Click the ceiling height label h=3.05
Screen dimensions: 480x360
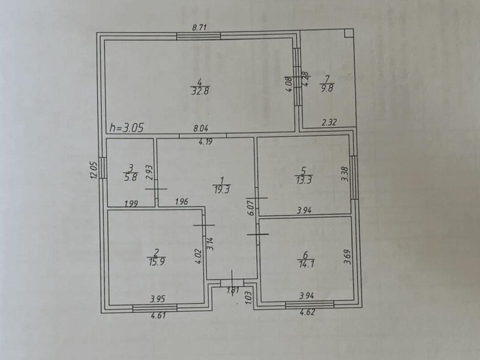coord(127,127)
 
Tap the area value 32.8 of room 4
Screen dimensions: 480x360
coord(200,91)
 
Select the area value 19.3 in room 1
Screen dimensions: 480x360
coord(222,190)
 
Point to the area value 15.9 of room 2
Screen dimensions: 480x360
coord(157,262)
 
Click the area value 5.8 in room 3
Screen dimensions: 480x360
coord(131,177)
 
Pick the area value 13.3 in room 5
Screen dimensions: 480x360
coord(304,179)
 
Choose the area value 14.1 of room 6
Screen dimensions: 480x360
coord(306,263)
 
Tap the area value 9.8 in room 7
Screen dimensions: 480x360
coord(327,88)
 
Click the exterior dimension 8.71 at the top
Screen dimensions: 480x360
coord(200,28)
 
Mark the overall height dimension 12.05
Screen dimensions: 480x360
coord(94,170)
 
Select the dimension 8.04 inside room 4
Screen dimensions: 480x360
coord(201,128)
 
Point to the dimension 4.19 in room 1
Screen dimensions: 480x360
coord(205,142)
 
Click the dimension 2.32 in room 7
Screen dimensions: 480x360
coord(329,122)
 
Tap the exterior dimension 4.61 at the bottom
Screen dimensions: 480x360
coord(158,315)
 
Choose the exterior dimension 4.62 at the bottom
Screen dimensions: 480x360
coord(307,312)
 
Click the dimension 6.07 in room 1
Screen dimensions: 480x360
coord(251,208)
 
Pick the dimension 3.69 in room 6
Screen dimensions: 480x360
coord(347,257)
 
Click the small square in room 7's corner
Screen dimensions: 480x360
coord(349,34)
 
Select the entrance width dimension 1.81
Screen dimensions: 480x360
coord(233,290)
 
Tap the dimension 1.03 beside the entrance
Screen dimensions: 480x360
coord(248,297)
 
